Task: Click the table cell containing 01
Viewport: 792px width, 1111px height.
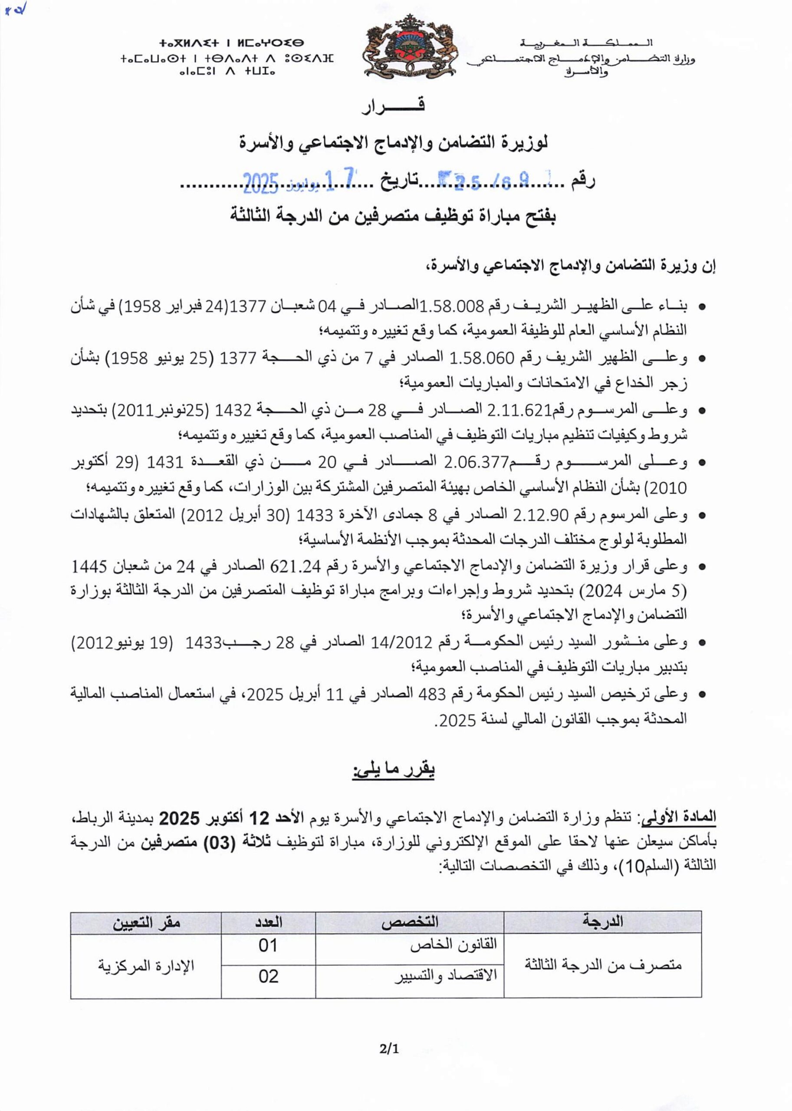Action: point(268,946)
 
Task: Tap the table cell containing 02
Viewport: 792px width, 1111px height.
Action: point(268,976)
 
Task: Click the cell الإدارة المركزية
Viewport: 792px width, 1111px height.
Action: point(146,966)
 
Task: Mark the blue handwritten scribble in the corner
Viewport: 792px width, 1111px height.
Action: point(15,10)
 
